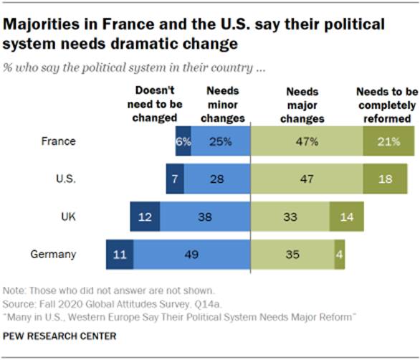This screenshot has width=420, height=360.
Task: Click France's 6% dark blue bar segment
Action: coord(183,142)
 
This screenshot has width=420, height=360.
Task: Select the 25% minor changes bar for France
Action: coord(220,142)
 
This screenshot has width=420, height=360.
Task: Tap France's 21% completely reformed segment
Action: coord(389,142)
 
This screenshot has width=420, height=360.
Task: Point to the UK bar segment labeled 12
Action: coord(145,216)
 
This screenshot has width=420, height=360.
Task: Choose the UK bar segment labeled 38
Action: coord(205,216)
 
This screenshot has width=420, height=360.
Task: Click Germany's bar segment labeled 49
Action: coord(191,254)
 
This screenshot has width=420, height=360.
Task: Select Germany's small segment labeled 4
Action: coord(338,254)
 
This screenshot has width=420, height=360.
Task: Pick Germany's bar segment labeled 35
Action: coord(292,254)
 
